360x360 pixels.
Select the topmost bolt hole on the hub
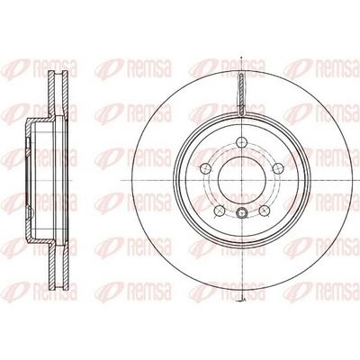[x=242, y=142]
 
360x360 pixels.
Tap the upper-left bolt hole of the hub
[x=206, y=168]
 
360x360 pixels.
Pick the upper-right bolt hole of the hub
[x=278, y=168]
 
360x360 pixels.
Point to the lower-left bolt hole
[x=220, y=211]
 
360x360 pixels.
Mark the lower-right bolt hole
[x=264, y=211]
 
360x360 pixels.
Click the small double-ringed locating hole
[x=242, y=213]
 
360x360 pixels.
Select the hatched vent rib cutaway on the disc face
[x=242, y=94]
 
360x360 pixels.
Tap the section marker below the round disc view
[x=243, y=300]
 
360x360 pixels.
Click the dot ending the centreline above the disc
[x=242, y=58]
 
